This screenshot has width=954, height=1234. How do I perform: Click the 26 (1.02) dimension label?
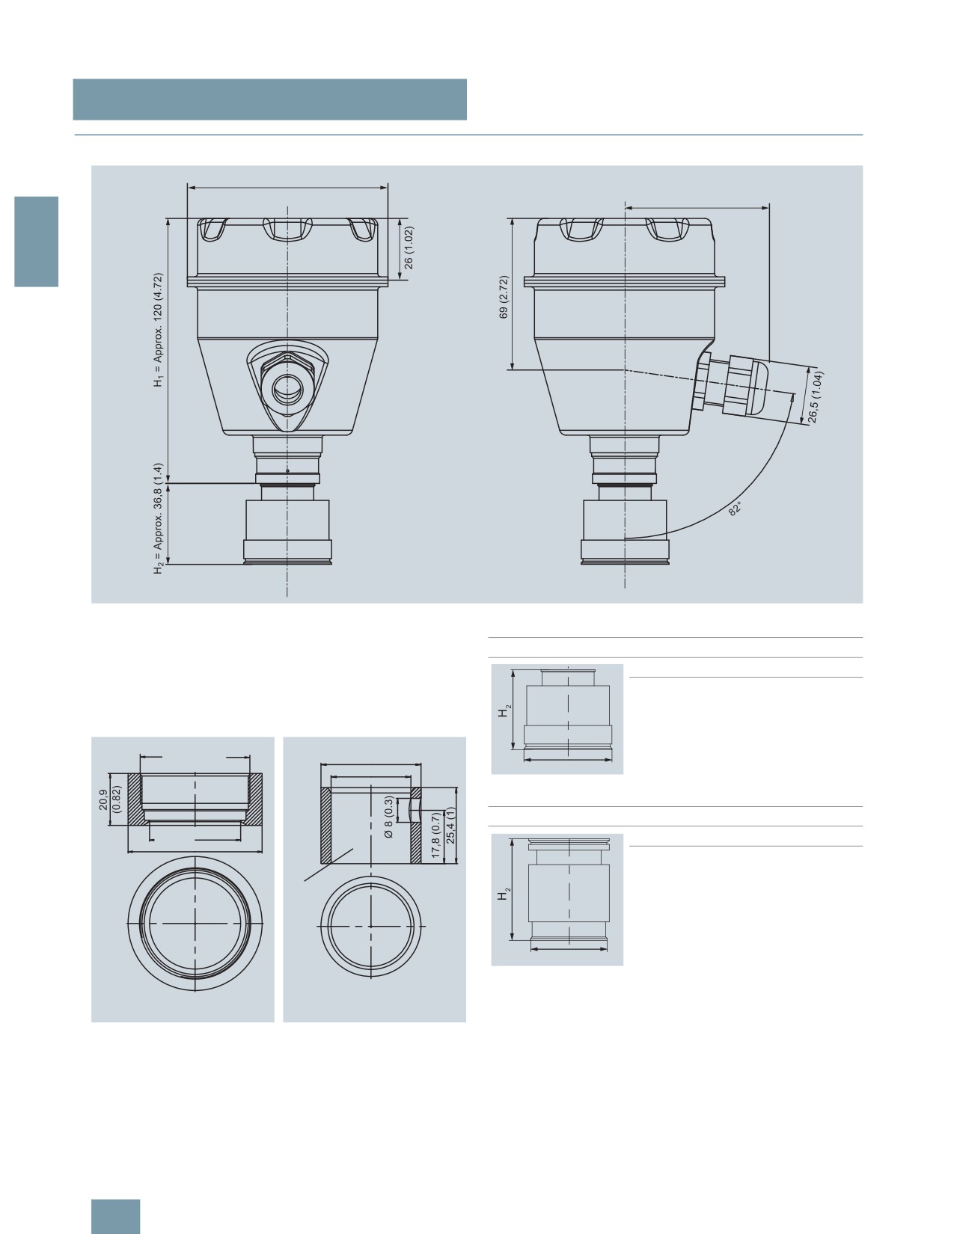(x=409, y=248)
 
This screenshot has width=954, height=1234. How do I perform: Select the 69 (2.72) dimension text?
(x=504, y=297)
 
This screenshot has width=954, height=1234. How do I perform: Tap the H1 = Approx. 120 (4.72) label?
(x=158, y=330)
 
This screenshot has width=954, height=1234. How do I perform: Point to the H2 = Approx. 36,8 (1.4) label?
(x=158, y=518)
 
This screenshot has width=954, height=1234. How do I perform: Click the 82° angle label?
(x=736, y=509)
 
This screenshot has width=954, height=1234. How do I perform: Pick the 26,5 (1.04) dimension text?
(x=816, y=397)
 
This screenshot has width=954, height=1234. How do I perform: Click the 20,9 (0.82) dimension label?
(x=110, y=799)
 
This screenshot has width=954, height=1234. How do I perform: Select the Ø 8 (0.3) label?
(x=388, y=817)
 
